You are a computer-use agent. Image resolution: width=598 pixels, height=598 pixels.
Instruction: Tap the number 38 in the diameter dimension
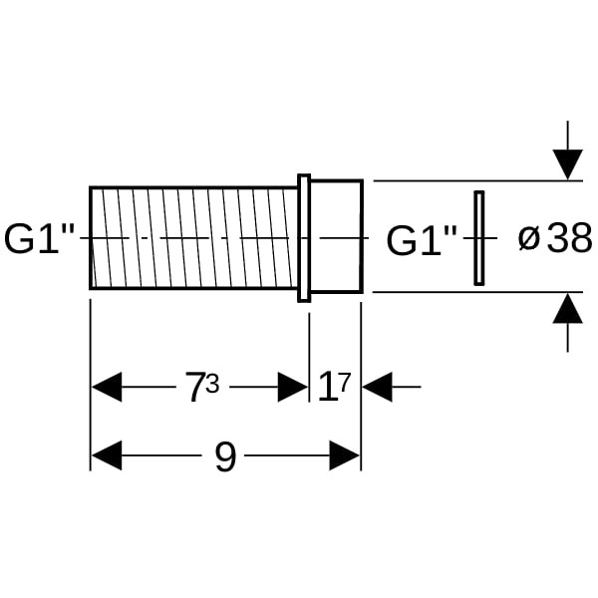tap(568, 239)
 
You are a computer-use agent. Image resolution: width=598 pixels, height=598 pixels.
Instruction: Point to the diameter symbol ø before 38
tap(529, 239)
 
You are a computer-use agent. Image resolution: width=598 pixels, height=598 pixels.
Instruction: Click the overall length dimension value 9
tap(225, 457)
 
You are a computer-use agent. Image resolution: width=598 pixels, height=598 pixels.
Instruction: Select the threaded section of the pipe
tap(194, 237)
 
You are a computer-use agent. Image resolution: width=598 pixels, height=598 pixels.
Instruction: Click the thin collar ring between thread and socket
tap(304, 237)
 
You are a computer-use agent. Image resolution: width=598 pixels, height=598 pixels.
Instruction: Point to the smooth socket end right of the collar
tap(336, 237)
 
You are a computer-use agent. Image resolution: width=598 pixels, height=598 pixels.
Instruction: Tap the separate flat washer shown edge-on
tap(478, 237)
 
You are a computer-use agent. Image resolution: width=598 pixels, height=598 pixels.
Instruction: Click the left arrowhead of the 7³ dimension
tap(106, 387)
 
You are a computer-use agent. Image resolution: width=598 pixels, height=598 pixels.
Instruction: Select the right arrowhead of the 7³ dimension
tap(293, 387)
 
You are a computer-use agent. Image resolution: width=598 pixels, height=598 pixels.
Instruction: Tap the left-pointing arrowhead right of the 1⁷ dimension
tap(377, 387)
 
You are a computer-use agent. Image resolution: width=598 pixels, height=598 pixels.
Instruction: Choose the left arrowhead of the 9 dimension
tap(106, 456)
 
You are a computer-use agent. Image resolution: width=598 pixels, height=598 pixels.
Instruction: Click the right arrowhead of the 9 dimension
tap(345, 456)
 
